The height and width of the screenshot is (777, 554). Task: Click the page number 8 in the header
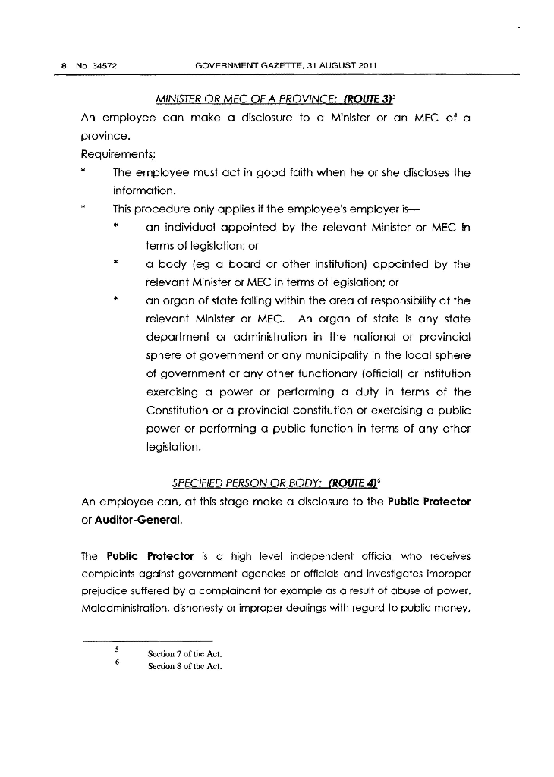(x=63, y=66)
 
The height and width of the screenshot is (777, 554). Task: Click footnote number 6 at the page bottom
(x=116, y=663)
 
